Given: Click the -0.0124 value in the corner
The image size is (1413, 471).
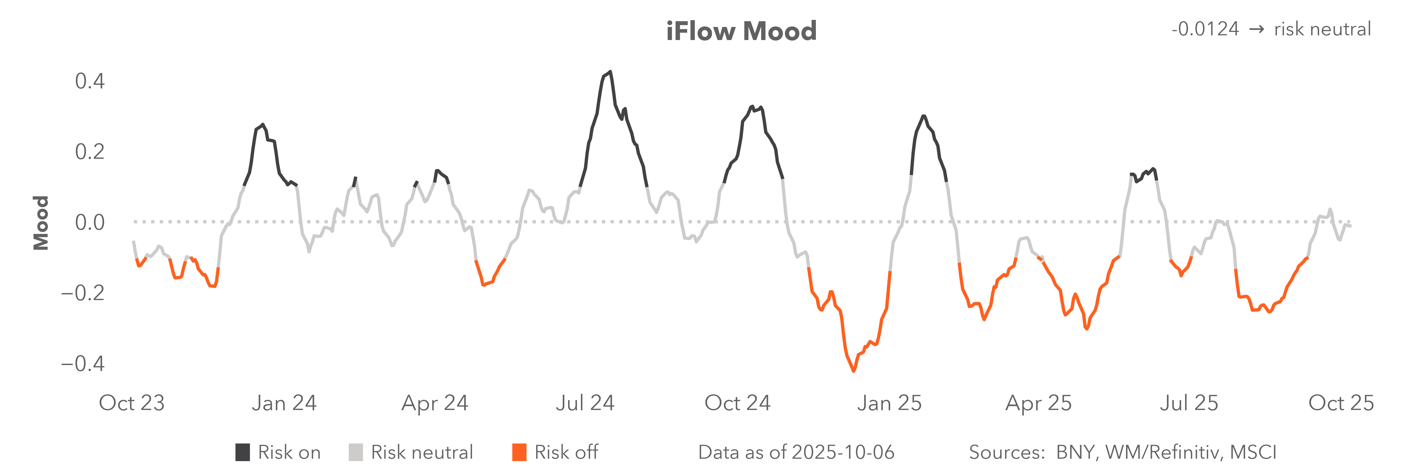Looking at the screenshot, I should tap(1204, 29).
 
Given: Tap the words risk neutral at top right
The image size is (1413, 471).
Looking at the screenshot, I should tap(1322, 29).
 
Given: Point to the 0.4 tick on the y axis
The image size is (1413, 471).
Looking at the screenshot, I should tap(89, 81).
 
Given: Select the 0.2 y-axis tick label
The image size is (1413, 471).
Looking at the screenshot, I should tap(89, 152).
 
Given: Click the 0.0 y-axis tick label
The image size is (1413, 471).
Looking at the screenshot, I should tap(89, 222).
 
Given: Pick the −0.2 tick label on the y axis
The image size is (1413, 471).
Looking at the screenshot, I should tap(82, 293).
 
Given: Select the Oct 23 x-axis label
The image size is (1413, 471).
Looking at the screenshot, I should tap(132, 403).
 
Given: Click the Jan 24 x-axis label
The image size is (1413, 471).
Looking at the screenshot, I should tap(284, 403).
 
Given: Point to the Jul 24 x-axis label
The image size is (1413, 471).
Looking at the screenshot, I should tap(585, 403).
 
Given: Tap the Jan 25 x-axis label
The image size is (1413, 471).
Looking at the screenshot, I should tap(889, 403).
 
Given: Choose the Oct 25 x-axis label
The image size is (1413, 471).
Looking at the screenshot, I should tap(1341, 403).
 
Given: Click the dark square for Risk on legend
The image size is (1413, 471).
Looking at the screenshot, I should tap(243, 452).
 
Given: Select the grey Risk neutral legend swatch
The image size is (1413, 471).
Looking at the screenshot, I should tap(355, 452).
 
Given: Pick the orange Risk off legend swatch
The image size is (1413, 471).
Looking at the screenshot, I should tap(519, 452).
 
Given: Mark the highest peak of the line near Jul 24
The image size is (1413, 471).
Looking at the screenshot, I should tap(610, 72).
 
